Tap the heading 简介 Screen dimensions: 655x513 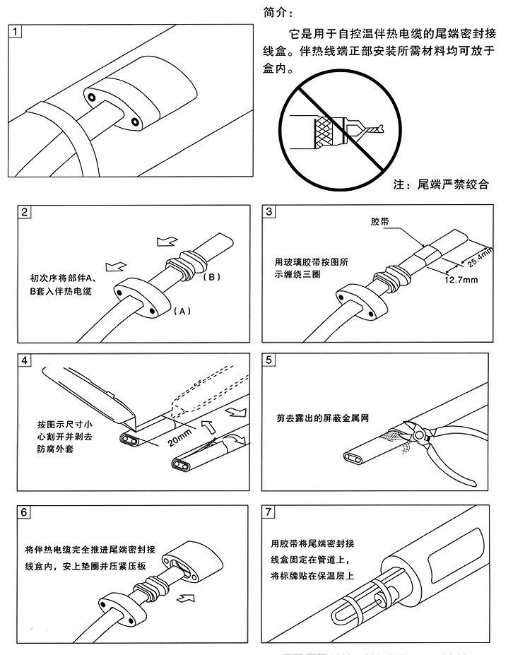click(275, 12)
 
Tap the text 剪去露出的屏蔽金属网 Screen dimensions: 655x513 click(324, 417)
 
